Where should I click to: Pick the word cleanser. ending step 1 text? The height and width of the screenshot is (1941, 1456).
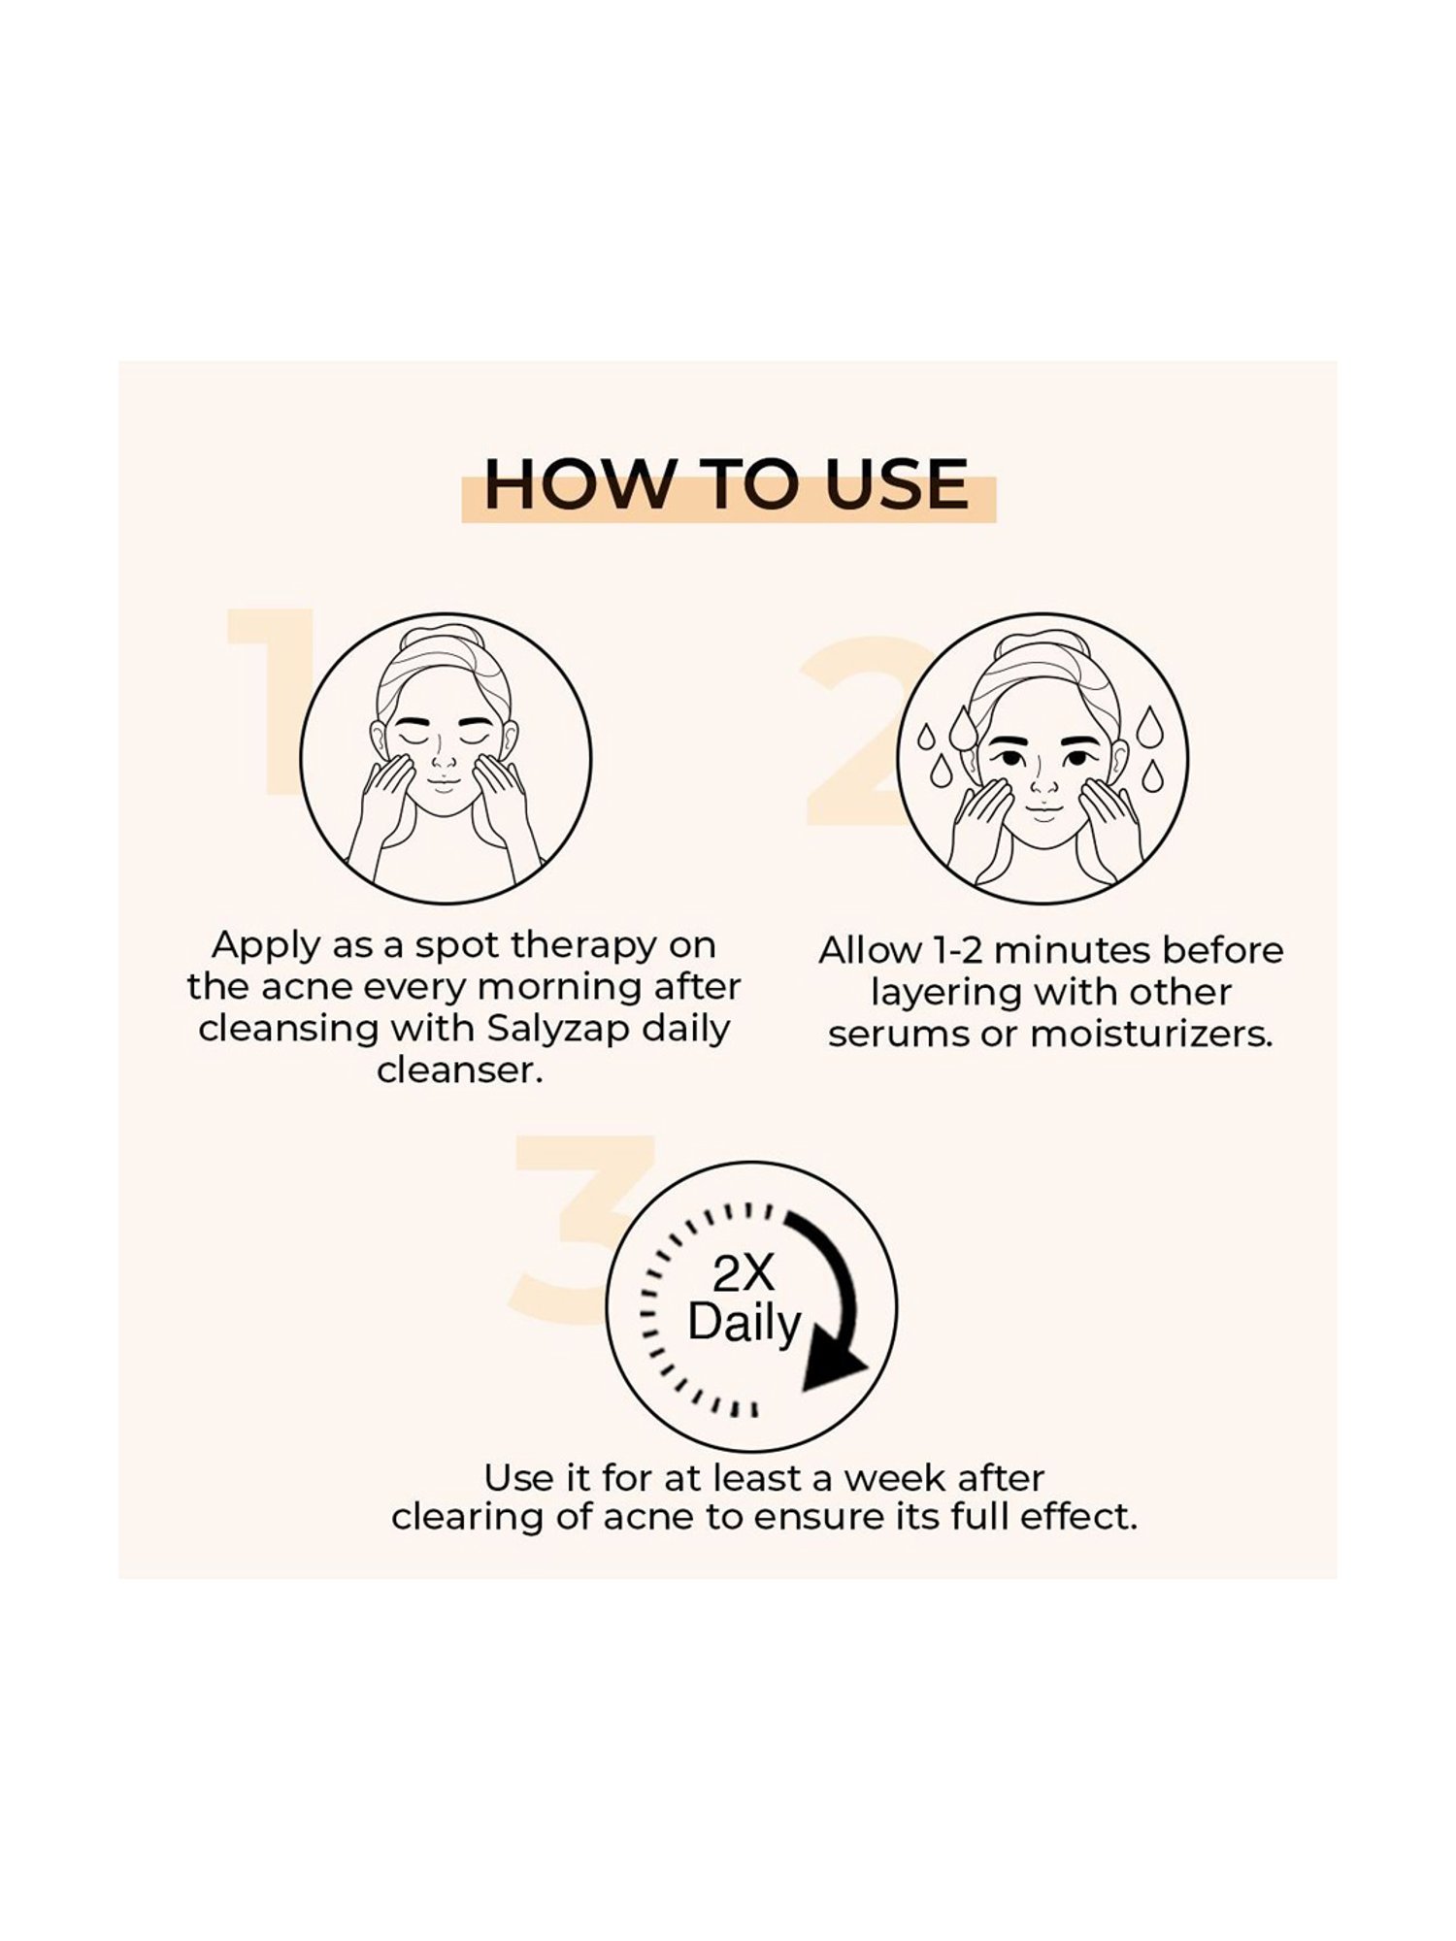click(459, 1070)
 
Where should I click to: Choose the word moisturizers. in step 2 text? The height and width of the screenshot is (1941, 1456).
click(1150, 1035)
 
